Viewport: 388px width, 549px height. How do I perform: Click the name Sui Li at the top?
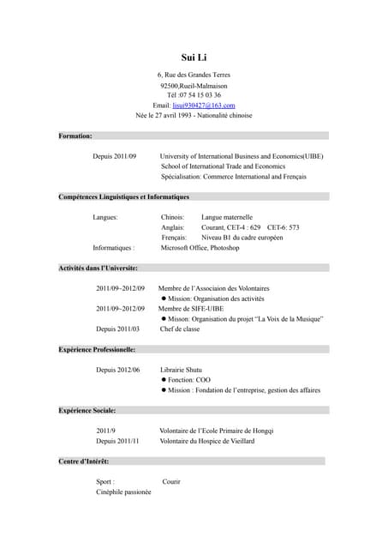(x=194, y=57)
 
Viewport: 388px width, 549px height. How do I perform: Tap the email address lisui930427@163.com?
(x=204, y=105)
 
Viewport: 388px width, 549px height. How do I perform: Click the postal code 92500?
(x=170, y=85)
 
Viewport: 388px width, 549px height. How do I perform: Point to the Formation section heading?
(x=75, y=136)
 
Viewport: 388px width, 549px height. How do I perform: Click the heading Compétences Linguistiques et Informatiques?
(x=123, y=196)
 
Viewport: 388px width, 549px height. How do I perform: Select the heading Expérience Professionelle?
(x=97, y=349)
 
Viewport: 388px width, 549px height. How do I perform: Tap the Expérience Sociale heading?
(x=87, y=410)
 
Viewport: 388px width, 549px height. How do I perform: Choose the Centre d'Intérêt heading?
(x=84, y=462)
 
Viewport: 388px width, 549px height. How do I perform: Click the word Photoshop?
(x=225, y=247)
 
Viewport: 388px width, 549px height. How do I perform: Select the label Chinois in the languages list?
(x=173, y=217)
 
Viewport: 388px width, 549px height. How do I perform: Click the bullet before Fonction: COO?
(x=164, y=380)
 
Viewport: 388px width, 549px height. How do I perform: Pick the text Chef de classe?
(x=180, y=329)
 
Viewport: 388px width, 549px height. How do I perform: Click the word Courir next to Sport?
(x=171, y=482)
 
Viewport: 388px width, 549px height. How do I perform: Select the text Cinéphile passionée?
(x=123, y=492)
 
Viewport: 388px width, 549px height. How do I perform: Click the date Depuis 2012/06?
(x=117, y=370)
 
